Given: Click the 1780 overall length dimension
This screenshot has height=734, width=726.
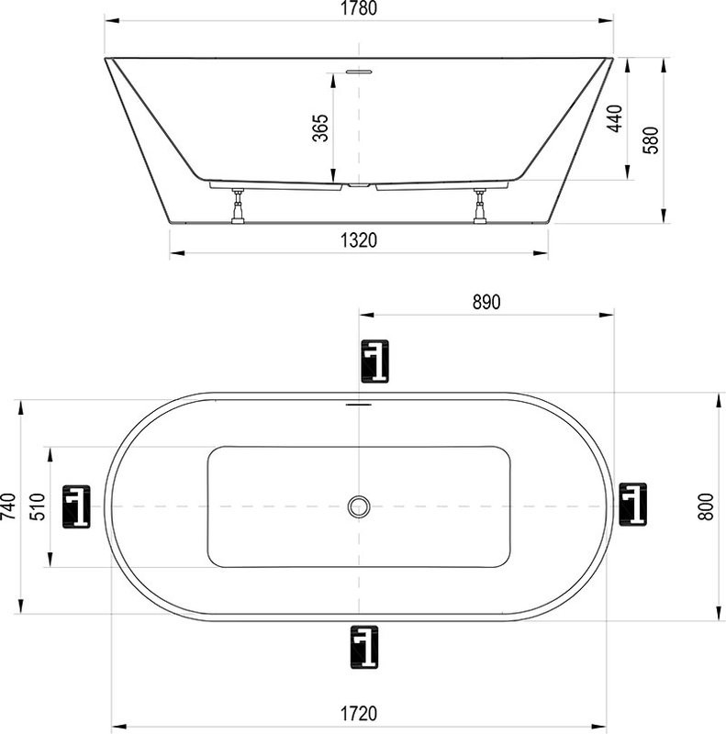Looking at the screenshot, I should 358,10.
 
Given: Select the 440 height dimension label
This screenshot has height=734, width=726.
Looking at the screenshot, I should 614,119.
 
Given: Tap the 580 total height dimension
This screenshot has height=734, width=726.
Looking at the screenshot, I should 650,139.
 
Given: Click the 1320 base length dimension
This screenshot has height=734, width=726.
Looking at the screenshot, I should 359,241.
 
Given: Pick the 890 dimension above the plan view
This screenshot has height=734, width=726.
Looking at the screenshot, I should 486,302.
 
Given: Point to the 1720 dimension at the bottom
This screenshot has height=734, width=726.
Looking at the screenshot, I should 359,712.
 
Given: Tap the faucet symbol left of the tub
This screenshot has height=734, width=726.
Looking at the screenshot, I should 76,506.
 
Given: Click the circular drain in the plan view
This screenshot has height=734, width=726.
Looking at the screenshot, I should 359,506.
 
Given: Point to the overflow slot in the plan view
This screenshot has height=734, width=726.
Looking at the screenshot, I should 359,403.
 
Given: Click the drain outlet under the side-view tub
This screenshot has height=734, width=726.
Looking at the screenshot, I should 359,186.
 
